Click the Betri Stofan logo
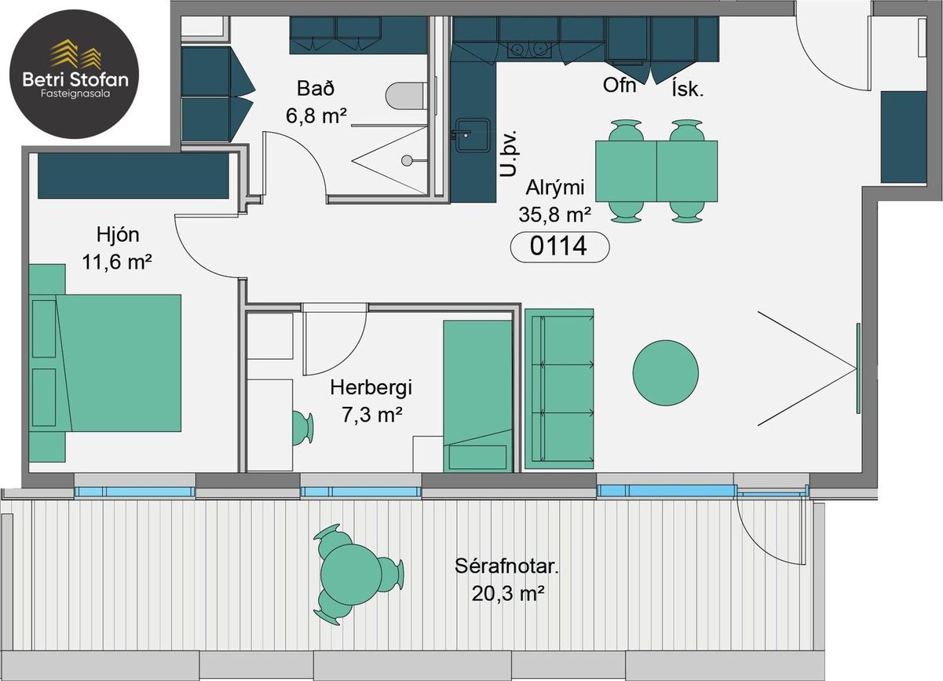coord(74,74)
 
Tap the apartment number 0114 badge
coord(560,247)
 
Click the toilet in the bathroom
coord(404,96)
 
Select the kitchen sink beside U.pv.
coord(473,135)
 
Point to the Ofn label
coord(620,86)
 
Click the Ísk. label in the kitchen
coord(688,90)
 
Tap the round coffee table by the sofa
coord(666,373)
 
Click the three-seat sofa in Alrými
coord(559,389)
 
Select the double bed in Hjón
coord(106,363)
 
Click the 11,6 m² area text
coord(117,262)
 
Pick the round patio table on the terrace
coord(351,574)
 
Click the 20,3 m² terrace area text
coord(508,594)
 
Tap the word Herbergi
coord(371,388)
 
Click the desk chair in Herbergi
coord(302,428)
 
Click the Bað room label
coord(316,88)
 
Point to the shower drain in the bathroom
coord(407,160)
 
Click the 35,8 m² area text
coord(555,214)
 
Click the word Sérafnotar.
coord(507,566)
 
